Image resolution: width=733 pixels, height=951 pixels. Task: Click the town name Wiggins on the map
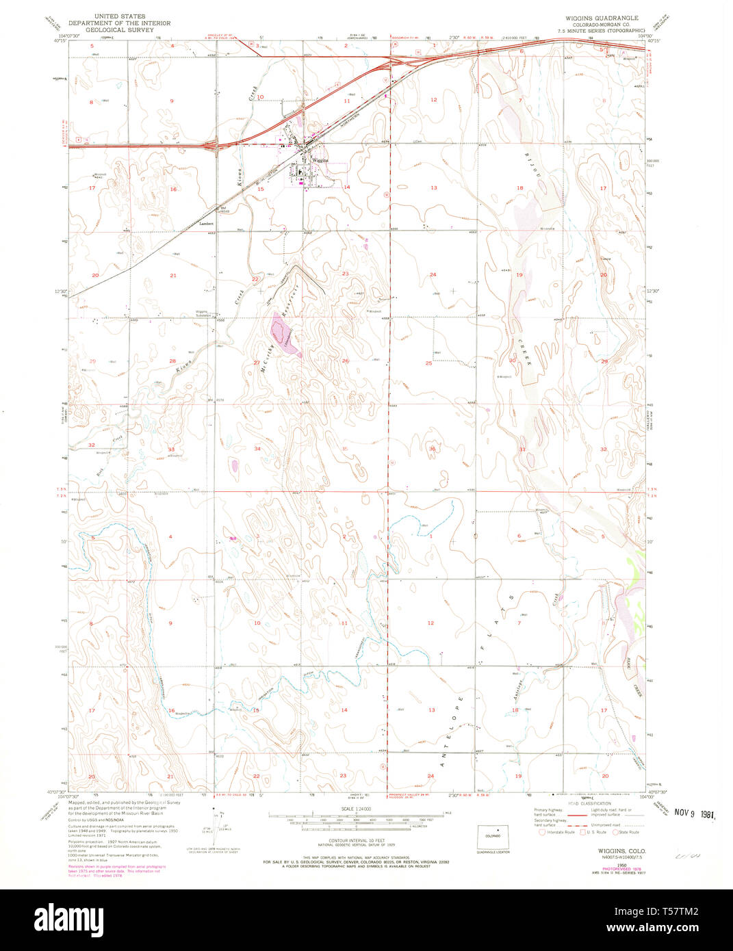[320, 160]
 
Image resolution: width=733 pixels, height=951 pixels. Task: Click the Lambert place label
[207, 223]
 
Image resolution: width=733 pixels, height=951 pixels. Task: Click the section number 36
[433, 449]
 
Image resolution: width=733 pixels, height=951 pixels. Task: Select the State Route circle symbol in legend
[615, 831]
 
